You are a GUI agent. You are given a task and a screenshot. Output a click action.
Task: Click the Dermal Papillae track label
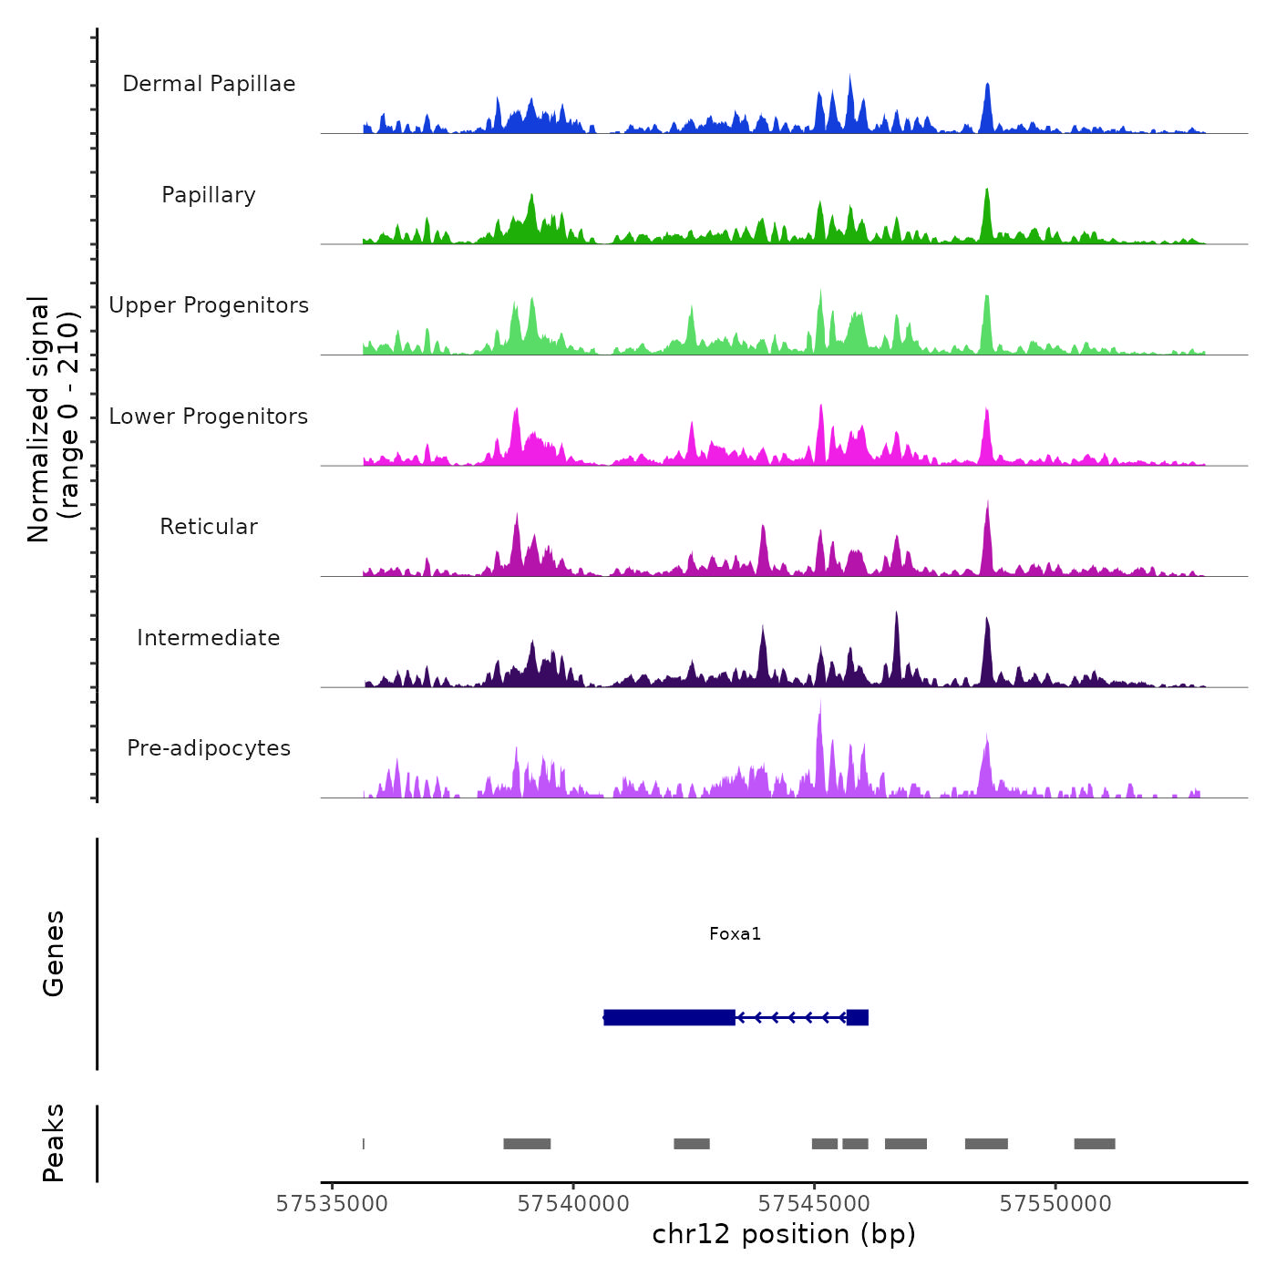pyautogui.click(x=209, y=84)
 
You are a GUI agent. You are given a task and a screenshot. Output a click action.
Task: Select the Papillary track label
pyautogui.click(x=209, y=195)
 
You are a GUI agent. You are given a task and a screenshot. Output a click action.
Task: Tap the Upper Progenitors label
pyautogui.click(x=209, y=305)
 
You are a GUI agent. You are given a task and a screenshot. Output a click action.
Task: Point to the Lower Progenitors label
pyautogui.click(x=209, y=417)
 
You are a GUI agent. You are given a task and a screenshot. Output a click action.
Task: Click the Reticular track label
pyautogui.click(x=209, y=527)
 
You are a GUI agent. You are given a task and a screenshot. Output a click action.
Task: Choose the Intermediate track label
pyautogui.click(x=209, y=638)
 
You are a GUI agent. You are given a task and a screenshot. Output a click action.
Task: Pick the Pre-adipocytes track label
pyautogui.click(x=209, y=748)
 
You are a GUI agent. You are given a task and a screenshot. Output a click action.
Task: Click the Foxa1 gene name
pyautogui.click(x=735, y=933)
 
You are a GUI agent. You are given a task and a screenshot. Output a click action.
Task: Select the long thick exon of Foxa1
pyautogui.click(x=669, y=1017)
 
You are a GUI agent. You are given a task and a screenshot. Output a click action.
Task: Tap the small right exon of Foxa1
pyautogui.click(x=857, y=1017)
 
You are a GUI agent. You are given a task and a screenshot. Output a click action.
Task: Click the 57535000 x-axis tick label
pyautogui.click(x=332, y=1204)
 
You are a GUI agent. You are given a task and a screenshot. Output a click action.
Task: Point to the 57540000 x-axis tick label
pyautogui.click(x=573, y=1204)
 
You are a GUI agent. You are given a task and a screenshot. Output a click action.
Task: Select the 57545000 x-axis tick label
pyautogui.click(x=814, y=1204)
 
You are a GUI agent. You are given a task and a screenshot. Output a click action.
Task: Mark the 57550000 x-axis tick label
pyautogui.click(x=1055, y=1204)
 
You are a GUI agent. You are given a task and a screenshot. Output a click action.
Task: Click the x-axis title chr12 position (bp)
pyautogui.click(x=784, y=1234)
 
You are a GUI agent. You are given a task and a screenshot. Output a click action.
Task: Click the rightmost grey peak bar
pyautogui.click(x=1094, y=1144)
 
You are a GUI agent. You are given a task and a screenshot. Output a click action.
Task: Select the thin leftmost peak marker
pyautogui.click(x=364, y=1144)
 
